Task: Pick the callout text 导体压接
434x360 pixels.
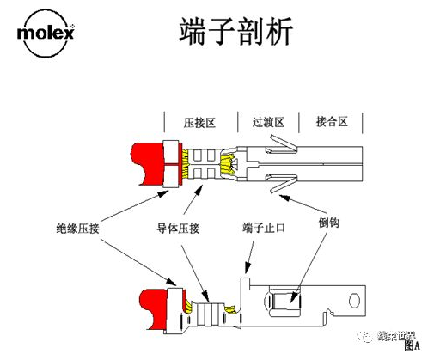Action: coord(177,229)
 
